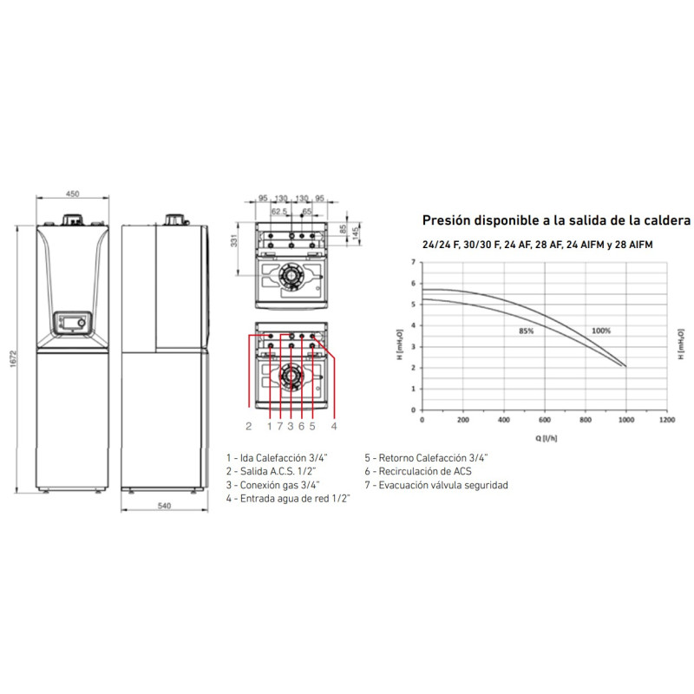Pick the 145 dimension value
[355, 237]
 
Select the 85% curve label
[526, 331]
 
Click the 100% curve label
[602, 331]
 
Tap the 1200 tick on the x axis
[666, 420]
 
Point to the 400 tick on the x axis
[503, 420]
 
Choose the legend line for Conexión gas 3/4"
[272, 485]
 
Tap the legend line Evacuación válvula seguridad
[436, 485]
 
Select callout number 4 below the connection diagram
[333, 426]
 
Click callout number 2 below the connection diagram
[248, 426]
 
